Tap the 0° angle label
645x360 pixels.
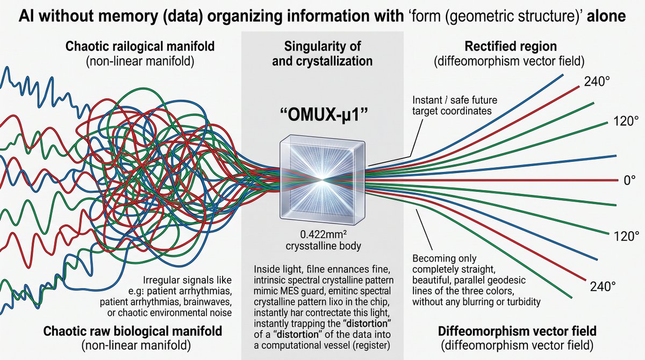[x=629, y=181]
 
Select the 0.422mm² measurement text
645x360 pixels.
[x=324, y=235]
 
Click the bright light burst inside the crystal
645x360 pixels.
[x=322, y=179]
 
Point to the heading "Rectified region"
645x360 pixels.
[x=511, y=46]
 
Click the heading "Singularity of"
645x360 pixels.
[x=322, y=46]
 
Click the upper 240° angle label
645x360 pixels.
[x=597, y=82]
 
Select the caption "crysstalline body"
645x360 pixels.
[x=323, y=246]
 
